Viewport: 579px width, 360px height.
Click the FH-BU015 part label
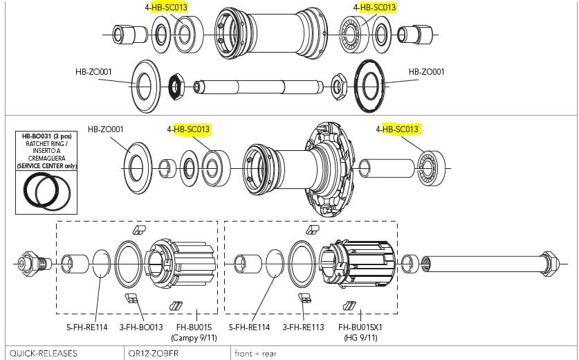click(194, 327)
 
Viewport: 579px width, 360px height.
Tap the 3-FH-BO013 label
click(142, 327)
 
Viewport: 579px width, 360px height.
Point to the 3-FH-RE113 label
click(303, 327)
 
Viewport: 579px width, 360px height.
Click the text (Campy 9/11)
click(194, 337)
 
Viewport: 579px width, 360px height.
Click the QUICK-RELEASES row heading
click(43, 353)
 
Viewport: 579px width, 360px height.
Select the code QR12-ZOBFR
click(158, 353)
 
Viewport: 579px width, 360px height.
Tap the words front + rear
click(255, 353)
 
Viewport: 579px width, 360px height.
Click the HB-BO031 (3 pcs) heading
click(46, 136)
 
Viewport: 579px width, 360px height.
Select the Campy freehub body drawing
click(176, 262)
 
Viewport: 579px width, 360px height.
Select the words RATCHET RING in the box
click(46, 144)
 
